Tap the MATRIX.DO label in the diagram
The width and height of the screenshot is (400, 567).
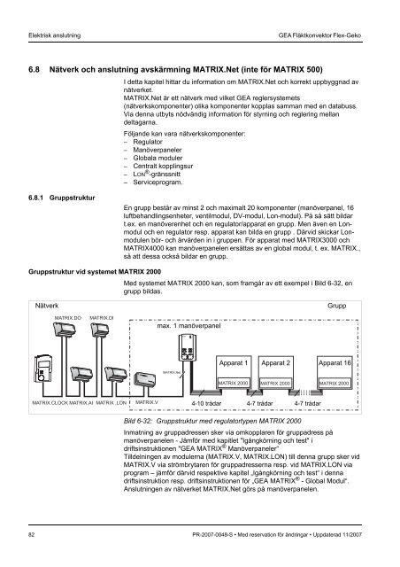pyautogui.click(x=68, y=316)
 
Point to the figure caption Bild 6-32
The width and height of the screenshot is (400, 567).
pyautogui.click(x=143, y=422)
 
